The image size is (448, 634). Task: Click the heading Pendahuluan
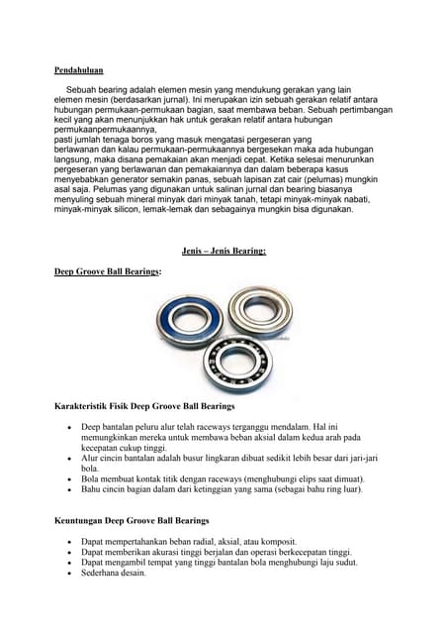tap(78, 70)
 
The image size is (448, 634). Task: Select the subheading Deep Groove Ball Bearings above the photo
tap(107, 271)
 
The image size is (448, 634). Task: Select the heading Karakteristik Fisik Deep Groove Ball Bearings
tap(143, 406)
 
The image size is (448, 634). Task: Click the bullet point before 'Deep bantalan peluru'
tap(67, 426)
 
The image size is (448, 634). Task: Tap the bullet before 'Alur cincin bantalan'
tap(67, 460)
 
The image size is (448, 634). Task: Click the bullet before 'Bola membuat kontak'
tap(67, 477)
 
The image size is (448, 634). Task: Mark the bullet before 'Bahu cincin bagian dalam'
tap(67, 488)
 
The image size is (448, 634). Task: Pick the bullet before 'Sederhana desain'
tap(67, 573)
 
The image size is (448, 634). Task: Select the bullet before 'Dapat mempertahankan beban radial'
tap(67, 541)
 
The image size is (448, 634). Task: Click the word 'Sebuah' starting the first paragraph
tap(81, 89)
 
